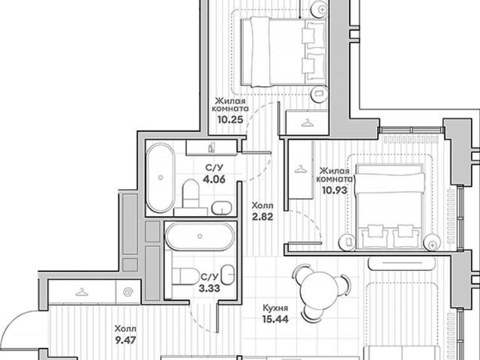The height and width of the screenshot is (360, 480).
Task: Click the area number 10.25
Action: point(230,119)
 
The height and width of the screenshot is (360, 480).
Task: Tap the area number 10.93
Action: point(334,190)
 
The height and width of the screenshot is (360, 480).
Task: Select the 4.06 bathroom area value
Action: point(214,178)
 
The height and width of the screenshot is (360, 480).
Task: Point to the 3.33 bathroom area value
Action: point(209,288)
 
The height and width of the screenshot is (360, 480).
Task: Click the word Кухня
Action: point(275,307)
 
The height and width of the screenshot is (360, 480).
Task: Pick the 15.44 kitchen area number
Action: point(275,319)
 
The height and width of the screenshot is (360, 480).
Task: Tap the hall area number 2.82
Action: point(262,217)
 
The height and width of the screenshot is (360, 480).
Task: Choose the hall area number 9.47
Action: point(125,340)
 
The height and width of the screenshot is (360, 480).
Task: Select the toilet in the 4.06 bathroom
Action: point(190,193)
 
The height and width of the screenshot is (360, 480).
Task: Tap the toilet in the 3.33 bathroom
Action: point(185,277)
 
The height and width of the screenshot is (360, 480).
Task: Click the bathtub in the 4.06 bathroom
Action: point(160,178)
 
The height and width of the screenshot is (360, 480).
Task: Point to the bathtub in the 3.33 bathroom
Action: point(200,237)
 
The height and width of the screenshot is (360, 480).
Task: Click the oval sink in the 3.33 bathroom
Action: point(228,274)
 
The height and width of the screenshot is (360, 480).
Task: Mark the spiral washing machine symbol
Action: point(128,292)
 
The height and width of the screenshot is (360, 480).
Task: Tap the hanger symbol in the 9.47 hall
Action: point(82,292)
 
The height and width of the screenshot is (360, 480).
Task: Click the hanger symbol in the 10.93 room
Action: point(300,169)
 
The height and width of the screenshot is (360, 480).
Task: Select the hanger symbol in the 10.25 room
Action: point(307,123)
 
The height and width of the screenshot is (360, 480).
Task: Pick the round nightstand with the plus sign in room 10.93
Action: point(432,243)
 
